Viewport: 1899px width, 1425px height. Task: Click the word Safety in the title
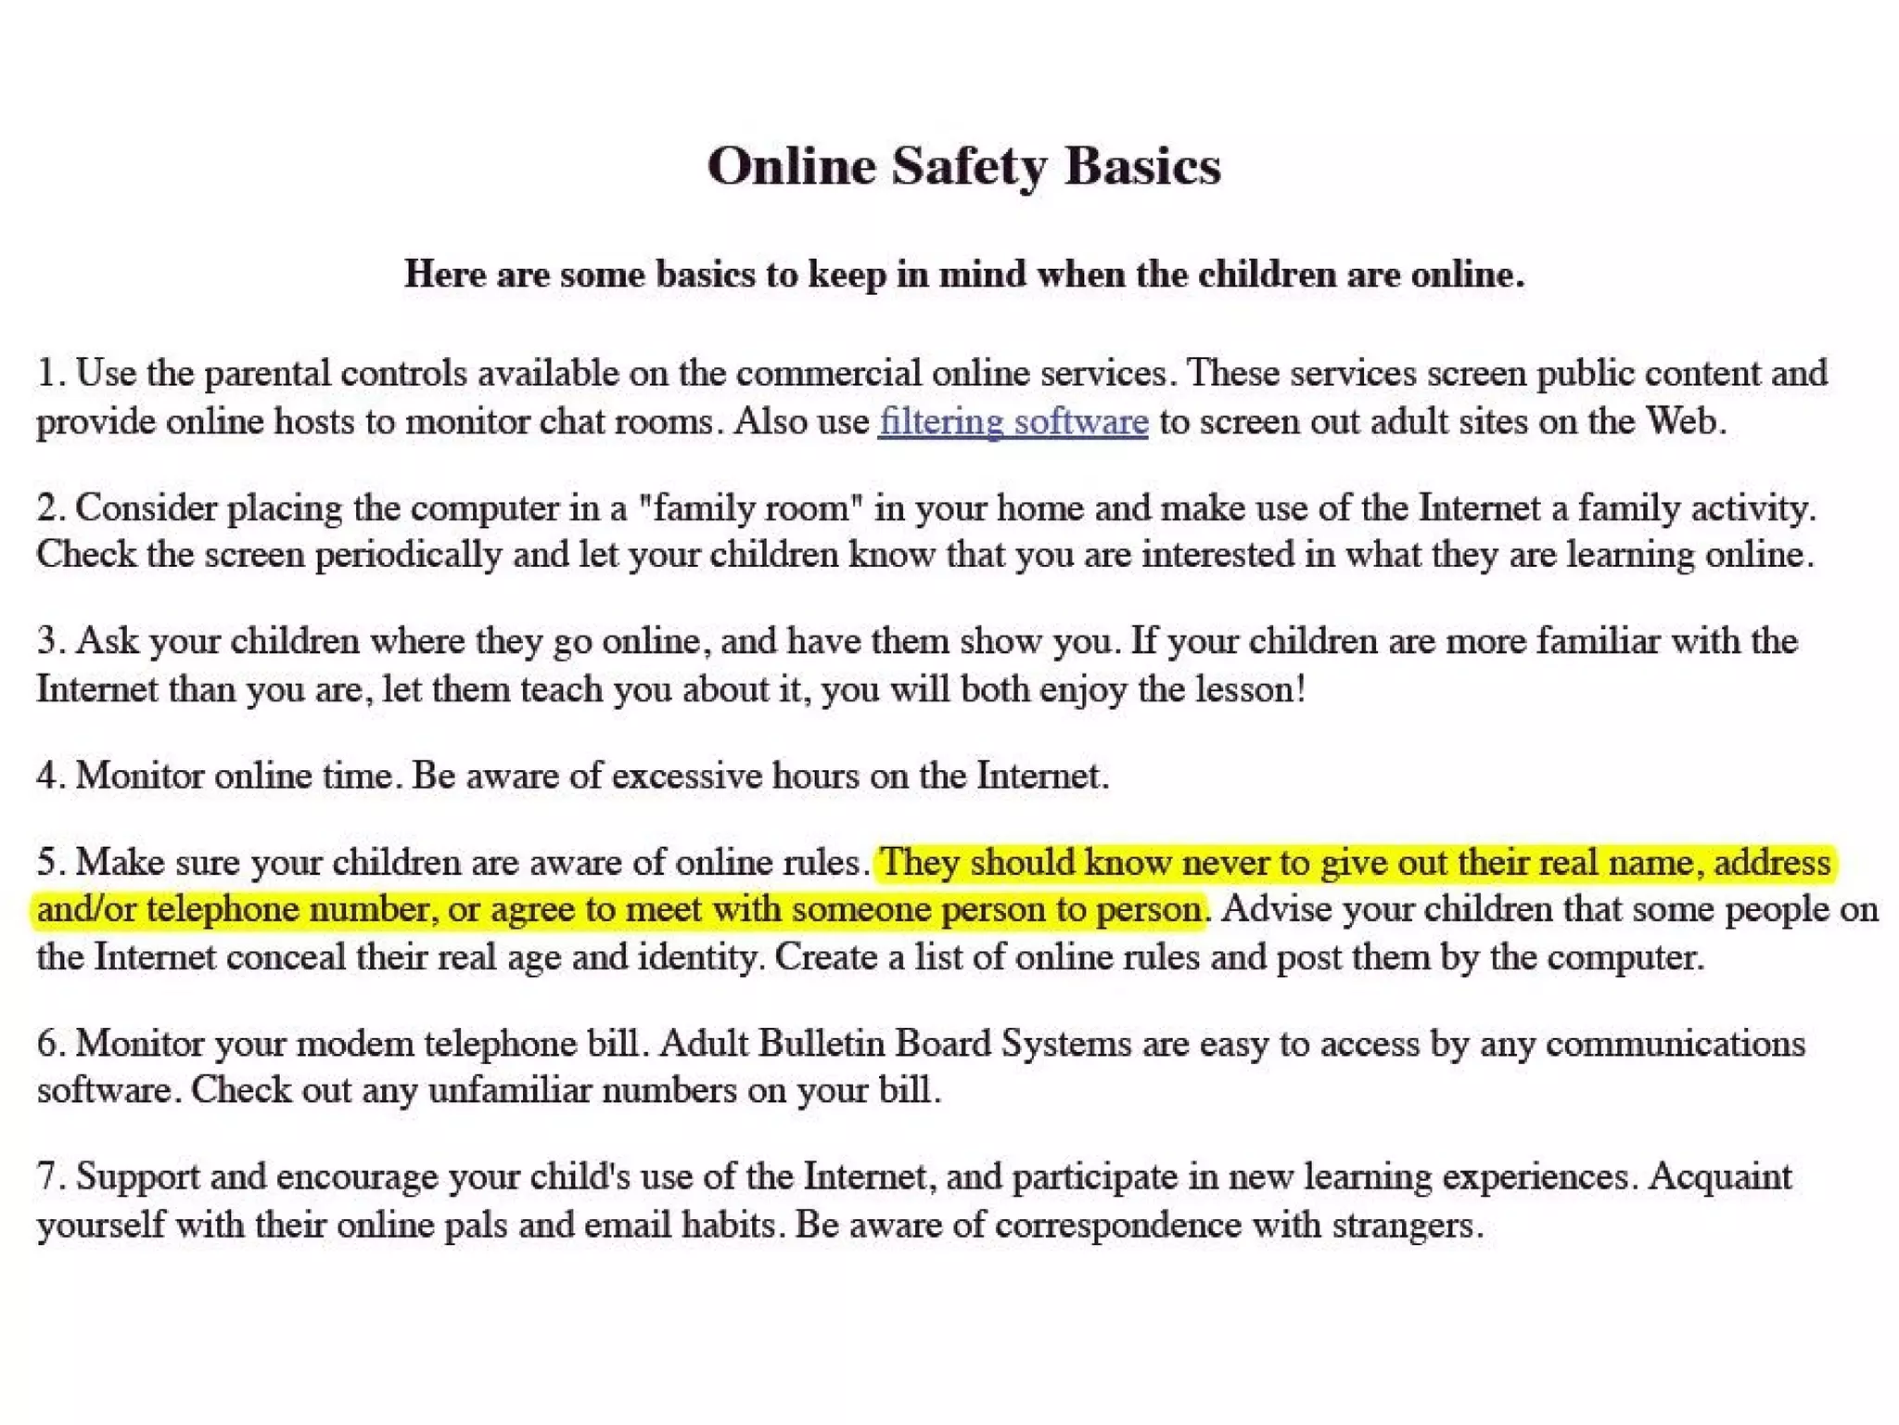point(968,168)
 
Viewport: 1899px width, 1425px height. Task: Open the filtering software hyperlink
point(1013,422)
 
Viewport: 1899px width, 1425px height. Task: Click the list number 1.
point(48,374)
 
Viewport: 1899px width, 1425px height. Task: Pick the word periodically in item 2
point(408,556)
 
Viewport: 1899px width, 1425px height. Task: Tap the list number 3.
point(48,642)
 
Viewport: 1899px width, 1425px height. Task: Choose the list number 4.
point(48,776)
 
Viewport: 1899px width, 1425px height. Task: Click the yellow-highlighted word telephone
point(223,909)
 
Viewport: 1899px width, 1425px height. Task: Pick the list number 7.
point(48,1177)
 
